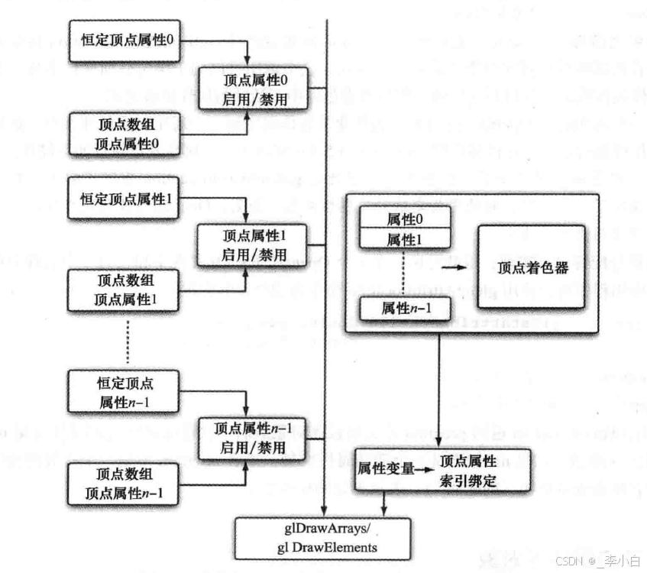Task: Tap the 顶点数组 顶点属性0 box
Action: (125, 133)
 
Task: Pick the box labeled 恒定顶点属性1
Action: (125, 198)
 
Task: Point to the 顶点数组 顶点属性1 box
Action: (125, 290)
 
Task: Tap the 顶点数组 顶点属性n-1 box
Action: (125, 484)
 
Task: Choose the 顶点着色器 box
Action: (532, 267)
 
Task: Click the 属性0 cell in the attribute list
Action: (404, 219)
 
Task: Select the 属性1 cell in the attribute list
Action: (404, 239)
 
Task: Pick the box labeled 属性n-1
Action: (404, 308)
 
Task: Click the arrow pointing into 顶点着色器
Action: (452, 268)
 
